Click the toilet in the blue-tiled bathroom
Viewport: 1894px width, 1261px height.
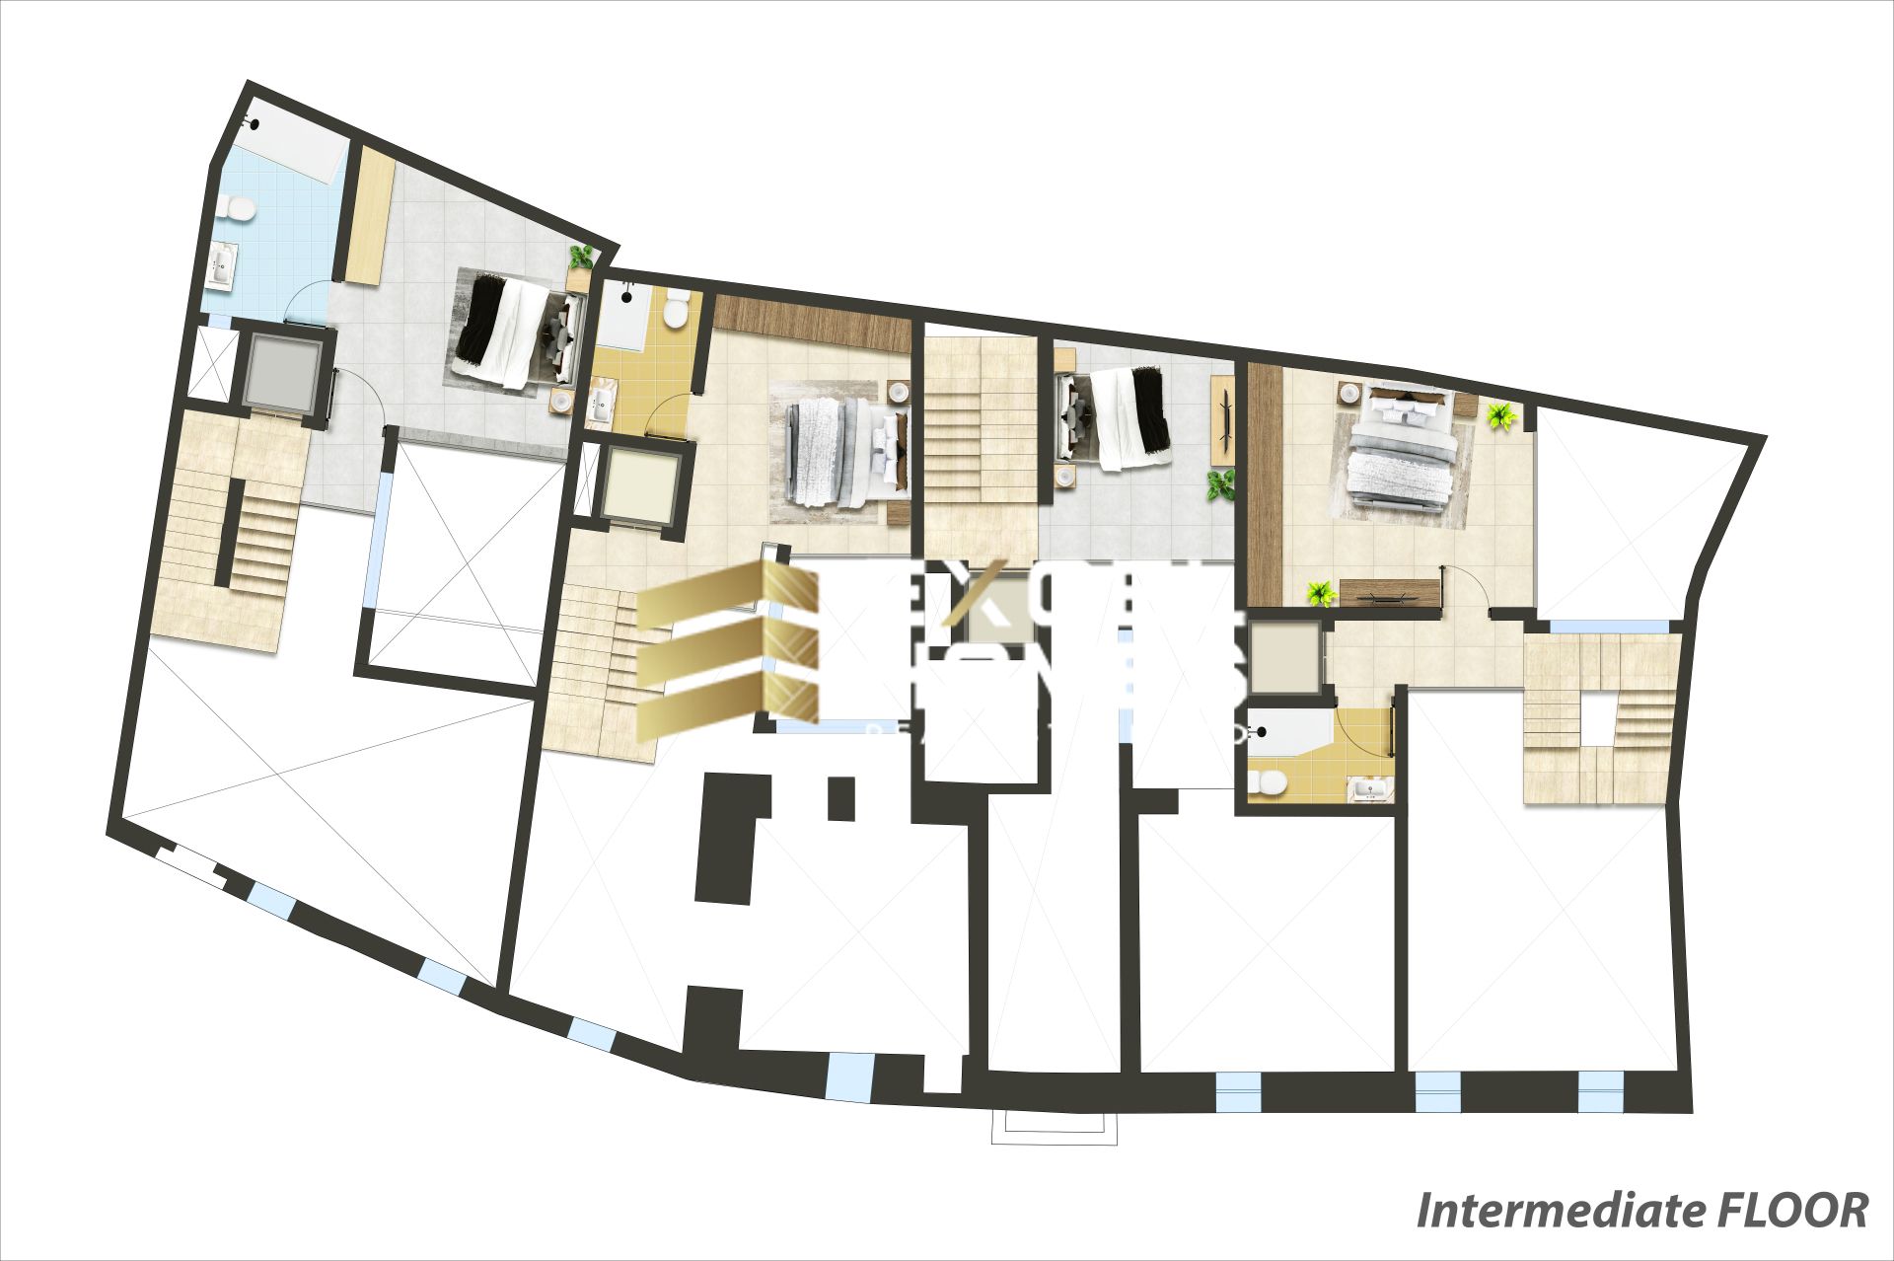click(x=238, y=208)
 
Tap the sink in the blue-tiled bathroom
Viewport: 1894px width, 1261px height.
click(x=222, y=264)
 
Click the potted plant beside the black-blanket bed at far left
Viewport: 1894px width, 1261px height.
click(x=582, y=257)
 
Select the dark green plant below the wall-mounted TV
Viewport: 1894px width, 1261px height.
click(x=1220, y=484)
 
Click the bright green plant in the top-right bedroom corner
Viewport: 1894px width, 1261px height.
click(x=1501, y=415)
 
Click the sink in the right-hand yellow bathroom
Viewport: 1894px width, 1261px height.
click(x=1370, y=788)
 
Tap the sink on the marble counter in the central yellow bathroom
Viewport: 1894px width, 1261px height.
click(x=600, y=402)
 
